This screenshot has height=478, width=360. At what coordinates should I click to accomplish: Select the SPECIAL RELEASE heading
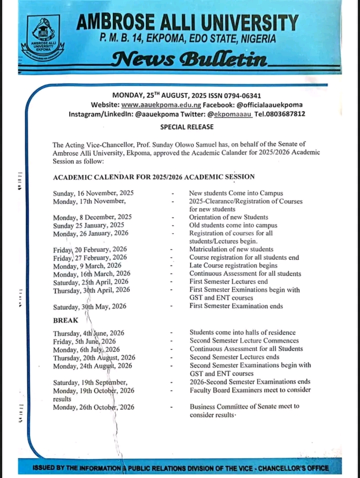(180, 127)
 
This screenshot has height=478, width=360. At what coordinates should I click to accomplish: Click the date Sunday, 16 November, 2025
(93, 192)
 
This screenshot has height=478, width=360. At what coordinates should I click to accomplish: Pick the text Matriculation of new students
(231, 249)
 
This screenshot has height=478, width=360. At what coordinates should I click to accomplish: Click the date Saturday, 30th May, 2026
(90, 306)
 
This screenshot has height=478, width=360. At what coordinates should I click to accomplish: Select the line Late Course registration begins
(233, 265)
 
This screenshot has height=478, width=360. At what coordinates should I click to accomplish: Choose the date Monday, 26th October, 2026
(94, 407)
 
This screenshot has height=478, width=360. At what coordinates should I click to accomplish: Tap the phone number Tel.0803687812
(280, 115)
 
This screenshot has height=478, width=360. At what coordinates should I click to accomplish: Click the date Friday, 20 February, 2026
(90, 249)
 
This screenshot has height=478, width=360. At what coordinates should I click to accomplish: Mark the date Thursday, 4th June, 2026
(89, 332)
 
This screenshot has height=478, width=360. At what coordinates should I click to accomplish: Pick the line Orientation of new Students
(228, 217)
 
